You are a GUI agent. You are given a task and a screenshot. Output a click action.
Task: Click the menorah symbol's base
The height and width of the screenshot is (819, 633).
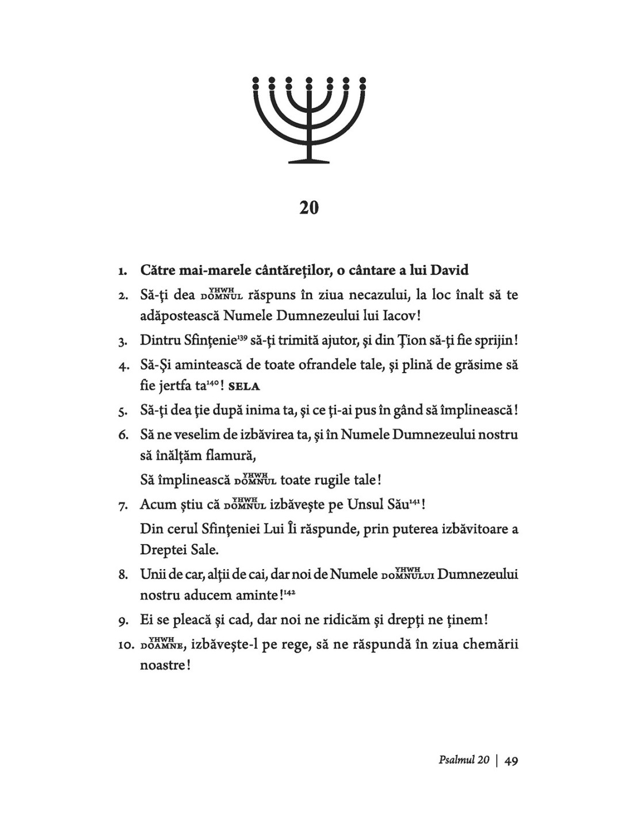309,159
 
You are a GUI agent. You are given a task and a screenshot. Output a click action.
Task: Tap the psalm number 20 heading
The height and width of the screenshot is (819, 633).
309,207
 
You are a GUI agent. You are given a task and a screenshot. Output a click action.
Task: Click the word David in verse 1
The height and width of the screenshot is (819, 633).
449,270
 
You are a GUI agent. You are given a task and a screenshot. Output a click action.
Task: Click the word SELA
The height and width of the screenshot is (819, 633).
245,386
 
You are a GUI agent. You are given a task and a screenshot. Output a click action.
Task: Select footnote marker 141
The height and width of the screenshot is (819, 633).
417,501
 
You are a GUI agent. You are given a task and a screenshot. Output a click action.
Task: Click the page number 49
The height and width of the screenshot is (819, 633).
511,761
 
